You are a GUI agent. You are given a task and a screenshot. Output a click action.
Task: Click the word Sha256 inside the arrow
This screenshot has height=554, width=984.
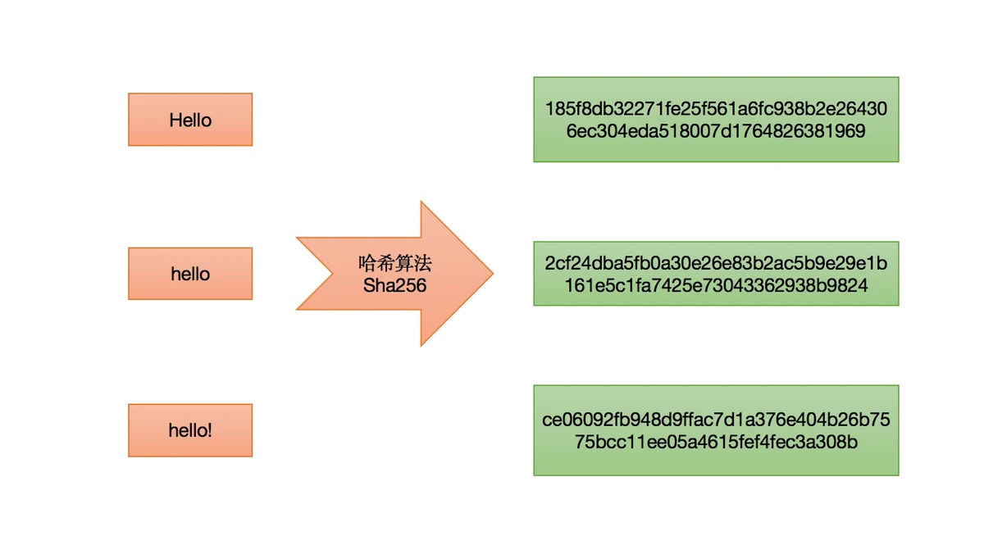(x=394, y=285)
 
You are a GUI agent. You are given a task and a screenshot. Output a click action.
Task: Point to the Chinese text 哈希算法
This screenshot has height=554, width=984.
(x=394, y=264)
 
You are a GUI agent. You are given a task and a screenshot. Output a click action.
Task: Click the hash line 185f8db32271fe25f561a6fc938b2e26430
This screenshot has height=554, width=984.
(x=716, y=109)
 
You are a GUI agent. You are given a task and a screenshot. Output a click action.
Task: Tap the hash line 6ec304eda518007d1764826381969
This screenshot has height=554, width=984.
(x=716, y=131)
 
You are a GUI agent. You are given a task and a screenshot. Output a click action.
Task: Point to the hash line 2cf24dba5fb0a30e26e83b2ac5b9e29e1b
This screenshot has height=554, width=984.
(x=716, y=265)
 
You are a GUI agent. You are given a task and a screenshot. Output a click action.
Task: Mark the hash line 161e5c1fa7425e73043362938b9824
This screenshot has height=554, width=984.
(x=716, y=286)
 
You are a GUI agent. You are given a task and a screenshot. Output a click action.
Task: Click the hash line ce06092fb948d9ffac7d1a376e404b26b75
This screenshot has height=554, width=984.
(x=716, y=420)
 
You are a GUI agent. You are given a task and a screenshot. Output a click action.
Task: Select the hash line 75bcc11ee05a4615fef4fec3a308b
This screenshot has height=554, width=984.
(x=716, y=443)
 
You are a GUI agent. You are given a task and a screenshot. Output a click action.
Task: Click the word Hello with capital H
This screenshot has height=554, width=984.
(x=190, y=120)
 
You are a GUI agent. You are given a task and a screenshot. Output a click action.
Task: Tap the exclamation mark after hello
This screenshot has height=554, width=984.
(x=210, y=429)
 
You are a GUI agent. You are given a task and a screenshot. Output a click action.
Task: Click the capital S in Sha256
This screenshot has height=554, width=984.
(x=368, y=285)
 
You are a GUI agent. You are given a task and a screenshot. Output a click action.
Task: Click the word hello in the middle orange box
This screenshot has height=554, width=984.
(x=190, y=274)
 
